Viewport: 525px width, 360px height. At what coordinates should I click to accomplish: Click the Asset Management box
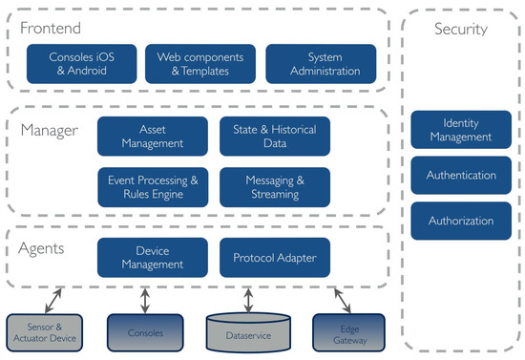coord(153,137)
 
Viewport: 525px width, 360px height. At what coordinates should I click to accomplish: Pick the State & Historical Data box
coord(274,137)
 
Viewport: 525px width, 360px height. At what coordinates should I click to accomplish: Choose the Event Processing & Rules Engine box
coord(153,187)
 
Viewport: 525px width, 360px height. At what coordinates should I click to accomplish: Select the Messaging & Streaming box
coord(274,187)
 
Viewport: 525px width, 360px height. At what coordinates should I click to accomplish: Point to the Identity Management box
coord(454,130)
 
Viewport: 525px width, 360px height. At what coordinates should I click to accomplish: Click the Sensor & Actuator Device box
coord(45,333)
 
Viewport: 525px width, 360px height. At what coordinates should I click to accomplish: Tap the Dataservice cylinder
coord(247,332)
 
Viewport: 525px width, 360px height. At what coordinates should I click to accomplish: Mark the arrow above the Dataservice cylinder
coord(248,297)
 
